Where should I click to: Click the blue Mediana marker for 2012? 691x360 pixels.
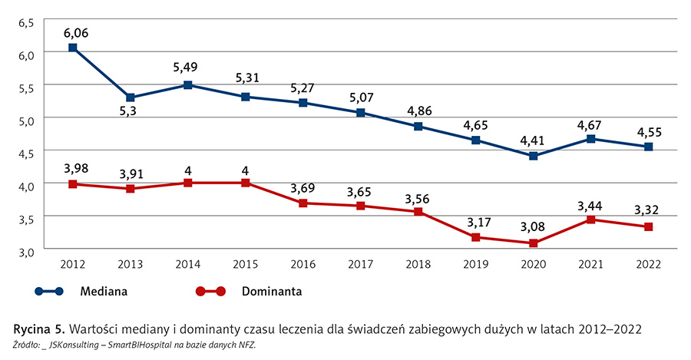click(72, 48)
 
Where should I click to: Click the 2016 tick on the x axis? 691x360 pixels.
click(303, 264)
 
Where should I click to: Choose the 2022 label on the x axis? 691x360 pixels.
click(649, 264)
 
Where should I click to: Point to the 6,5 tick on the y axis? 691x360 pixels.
click(27, 23)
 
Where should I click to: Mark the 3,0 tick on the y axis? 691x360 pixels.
click(27, 251)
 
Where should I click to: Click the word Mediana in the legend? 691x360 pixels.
click(103, 292)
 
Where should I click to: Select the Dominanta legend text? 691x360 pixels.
click(273, 292)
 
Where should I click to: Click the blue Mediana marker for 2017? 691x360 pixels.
click(360, 113)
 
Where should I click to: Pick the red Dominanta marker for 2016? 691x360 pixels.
click(303, 203)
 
